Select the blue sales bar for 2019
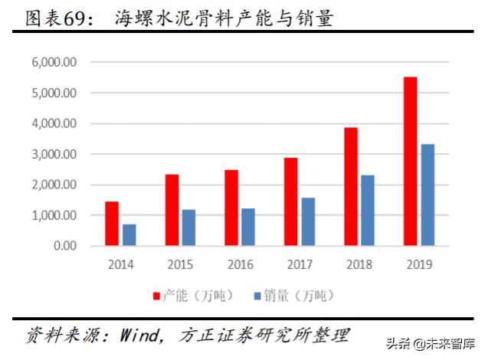(x=428, y=195)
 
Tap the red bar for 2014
(x=112, y=224)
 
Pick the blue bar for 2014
(x=129, y=234)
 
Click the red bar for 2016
(x=231, y=208)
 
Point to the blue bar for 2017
(x=308, y=221)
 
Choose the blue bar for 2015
(x=188, y=227)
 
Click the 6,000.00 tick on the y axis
(x=54, y=62)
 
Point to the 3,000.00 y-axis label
(x=54, y=154)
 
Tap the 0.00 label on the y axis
(x=64, y=246)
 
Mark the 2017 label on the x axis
(x=300, y=264)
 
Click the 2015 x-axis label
(x=180, y=264)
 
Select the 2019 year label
(x=418, y=264)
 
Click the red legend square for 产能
(x=157, y=295)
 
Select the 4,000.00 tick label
(x=54, y=123)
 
